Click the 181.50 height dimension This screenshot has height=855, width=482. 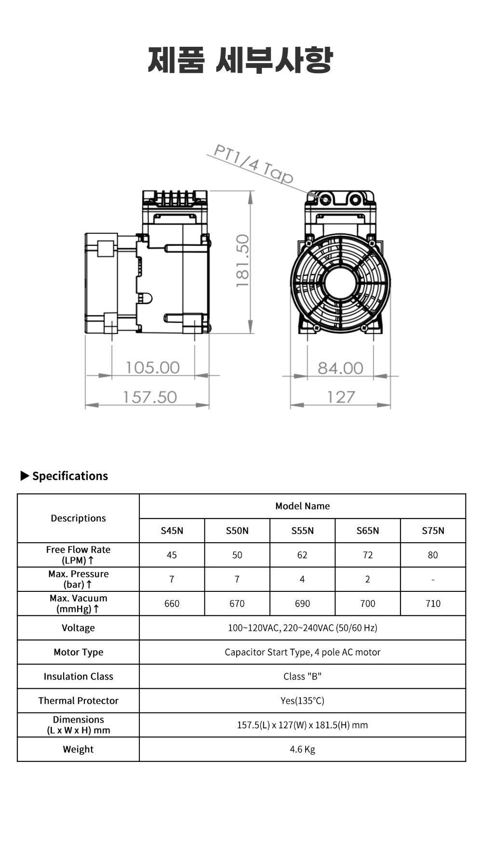tap(242, 261)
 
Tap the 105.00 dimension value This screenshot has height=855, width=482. tap(152, 368)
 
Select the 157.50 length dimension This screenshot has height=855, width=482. tap(150, 397)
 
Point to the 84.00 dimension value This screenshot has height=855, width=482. tap(340, 368)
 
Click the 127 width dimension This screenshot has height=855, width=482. tap(341, 397)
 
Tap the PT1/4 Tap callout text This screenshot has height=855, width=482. tap(253, 164)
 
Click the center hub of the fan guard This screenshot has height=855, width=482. tap(340, 283)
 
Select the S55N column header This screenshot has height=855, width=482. tap(302, 531)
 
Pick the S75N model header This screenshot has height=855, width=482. tap(433, 531)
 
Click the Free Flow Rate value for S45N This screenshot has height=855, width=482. tap(172, 555)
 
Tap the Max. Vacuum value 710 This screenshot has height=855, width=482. tap(433, 603)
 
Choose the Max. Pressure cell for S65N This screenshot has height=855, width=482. tap(368, 579)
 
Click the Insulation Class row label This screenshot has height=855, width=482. tap(78, 676)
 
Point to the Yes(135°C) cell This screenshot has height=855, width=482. tap(302, 701)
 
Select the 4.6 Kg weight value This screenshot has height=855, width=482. tap(302, 749)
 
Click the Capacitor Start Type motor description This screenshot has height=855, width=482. tap(302, 652)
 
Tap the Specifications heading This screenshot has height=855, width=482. tap(70, 476)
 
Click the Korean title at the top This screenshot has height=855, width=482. tap(241, 60)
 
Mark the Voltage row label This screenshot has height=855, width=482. tap(78, 628)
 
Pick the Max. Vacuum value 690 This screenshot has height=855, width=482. tap(302, 603)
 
